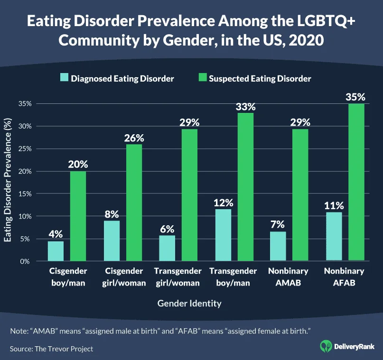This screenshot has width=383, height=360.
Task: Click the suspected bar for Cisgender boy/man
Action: click(78, 216)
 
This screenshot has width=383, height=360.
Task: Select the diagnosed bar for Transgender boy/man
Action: click(223, 235)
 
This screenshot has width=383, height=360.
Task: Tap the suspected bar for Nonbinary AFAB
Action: click(356, 182)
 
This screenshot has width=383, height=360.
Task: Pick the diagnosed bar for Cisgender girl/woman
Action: click(112, 241)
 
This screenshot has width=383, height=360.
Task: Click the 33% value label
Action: click(246, 106)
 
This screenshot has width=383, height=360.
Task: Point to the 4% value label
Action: click(56, 234)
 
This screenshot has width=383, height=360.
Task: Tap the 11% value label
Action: click(334, 205)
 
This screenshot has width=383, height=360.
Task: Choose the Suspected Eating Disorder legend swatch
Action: click(201, 78)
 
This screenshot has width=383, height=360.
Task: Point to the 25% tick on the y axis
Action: click(24, 149)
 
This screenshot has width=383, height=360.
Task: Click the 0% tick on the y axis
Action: click(26, 261)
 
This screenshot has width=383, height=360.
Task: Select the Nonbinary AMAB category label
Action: click(288, 276)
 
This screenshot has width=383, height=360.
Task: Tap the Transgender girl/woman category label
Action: click(177, 276)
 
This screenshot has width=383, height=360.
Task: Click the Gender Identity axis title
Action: click(189, 303)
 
